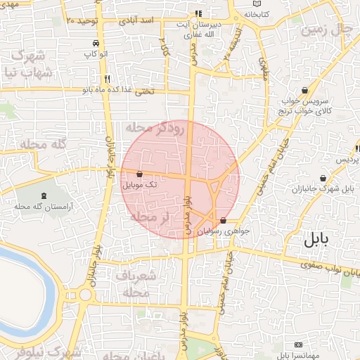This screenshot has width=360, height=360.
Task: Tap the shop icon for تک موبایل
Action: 139,174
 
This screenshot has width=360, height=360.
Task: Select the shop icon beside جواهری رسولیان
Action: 224,221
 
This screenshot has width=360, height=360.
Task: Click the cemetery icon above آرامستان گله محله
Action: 46,195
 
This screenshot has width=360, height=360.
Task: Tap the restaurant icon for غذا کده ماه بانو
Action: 107,79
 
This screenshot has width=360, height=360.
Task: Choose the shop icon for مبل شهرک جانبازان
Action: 322,179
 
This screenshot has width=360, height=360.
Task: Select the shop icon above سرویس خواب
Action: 304,90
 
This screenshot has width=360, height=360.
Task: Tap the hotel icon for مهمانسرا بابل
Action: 299,345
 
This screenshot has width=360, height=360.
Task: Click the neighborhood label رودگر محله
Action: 154,128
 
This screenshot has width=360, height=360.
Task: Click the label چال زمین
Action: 325,30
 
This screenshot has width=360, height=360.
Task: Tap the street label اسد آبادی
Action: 138,21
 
